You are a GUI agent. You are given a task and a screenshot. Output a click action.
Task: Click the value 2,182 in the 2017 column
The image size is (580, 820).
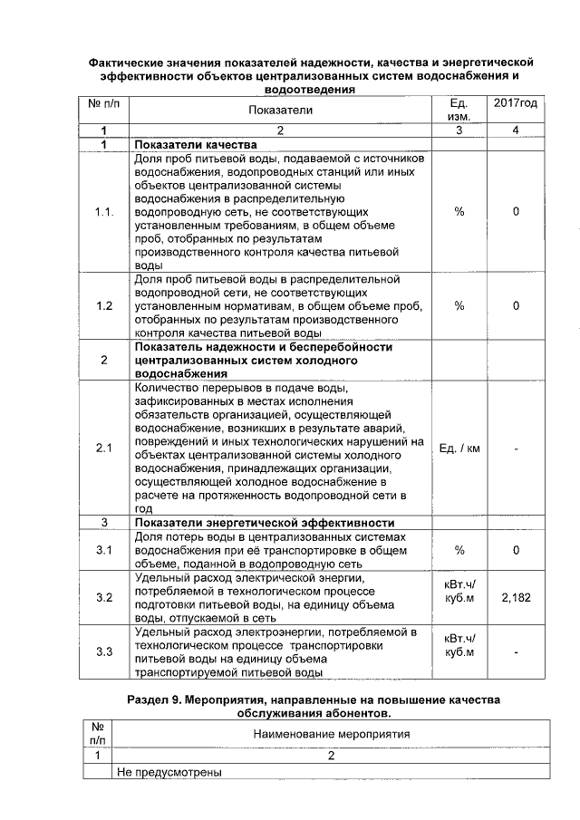515,598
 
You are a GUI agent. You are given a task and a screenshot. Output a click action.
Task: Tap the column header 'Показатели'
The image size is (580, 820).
280,111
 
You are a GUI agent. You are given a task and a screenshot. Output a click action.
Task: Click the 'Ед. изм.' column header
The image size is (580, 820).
459,111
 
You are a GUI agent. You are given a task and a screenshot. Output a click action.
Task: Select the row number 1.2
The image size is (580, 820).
104,306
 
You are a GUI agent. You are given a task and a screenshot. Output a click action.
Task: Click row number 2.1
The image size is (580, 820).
104,449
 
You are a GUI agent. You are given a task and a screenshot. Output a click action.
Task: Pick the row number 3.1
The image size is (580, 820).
104,550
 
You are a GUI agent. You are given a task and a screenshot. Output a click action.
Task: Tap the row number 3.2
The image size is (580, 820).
104,598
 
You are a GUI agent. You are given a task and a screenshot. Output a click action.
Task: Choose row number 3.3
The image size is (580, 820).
104,651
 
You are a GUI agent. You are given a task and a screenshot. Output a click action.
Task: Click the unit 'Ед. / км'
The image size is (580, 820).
459,449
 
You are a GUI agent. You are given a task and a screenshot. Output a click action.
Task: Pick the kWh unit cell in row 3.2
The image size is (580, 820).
459,592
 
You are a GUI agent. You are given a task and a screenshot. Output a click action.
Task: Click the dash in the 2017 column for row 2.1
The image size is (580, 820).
515,449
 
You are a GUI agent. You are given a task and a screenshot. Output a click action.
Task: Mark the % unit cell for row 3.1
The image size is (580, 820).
459,550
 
